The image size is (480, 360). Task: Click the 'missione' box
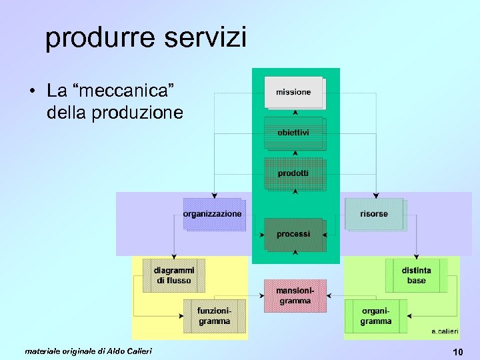pos(294,92)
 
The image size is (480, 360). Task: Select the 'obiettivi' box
pos(294,133)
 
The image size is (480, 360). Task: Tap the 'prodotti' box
pos(294,173)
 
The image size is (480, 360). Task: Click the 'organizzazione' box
pos(213,214)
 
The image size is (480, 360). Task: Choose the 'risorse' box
pos(374,214)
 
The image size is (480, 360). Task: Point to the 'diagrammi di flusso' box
pos(174,275)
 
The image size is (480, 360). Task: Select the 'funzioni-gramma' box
pos(215,316)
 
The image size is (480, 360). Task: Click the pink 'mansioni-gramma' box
pos(295,295)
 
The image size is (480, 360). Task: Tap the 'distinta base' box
pos(417,275)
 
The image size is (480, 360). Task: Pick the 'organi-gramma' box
pos(376,316)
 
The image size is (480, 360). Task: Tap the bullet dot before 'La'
pos(32,90)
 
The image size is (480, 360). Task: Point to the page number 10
pos(457,351)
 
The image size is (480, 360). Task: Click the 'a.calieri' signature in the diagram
pos(445,331)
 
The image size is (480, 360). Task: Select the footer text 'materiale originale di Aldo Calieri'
pos(88,351)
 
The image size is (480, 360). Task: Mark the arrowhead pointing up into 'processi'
pos(295,253)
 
